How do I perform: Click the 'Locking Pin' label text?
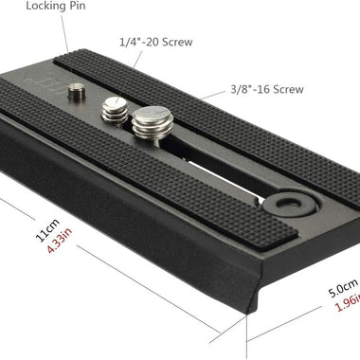point(56,6)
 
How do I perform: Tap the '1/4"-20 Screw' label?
point(156,42)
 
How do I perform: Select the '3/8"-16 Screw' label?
point(267,89)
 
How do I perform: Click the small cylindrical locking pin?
point(77,92)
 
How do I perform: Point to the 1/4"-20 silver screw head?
point(115,112)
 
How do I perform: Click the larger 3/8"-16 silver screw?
point(153,122)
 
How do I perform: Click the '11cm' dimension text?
point(47,230)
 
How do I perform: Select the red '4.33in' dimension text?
point(60,241)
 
